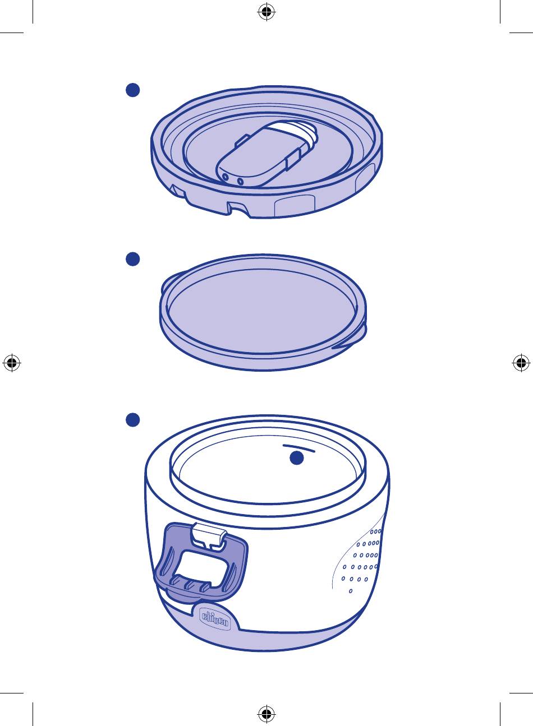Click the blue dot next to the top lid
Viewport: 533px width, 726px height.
pyautogui.click(x=132, y=90)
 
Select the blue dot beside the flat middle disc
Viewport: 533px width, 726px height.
pyautogui.click(x=132, y=259)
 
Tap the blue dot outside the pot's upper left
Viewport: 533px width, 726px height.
pyautogui.click(x=132, y=420)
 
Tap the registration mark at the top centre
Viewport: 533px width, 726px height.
pyautogui.click(x=266, y=12)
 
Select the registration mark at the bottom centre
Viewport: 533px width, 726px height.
pyautogui.click(x=266, y=714)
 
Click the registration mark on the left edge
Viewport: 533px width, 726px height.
pyautogui.click(x=12, y=363)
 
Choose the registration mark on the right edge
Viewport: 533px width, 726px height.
pyautogui.click(x=521, y=363)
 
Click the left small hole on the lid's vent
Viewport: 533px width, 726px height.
pyautogui.click(x=225, y=177)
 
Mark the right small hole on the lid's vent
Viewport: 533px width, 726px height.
pyautogui.click(x=240, y=181)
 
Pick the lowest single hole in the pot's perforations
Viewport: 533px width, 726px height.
pyautogui.click(x=351, y=591)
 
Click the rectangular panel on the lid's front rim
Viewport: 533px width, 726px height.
pyautogui.click(x=295, y=206)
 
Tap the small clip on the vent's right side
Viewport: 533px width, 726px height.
pyautogui.click(x=293, y=159)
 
